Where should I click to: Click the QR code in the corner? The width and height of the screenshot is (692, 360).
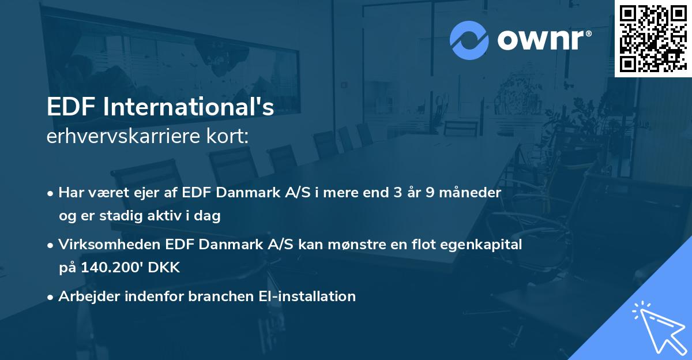coord(653,38)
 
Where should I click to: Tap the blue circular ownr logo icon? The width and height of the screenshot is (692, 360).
coord(469,40)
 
